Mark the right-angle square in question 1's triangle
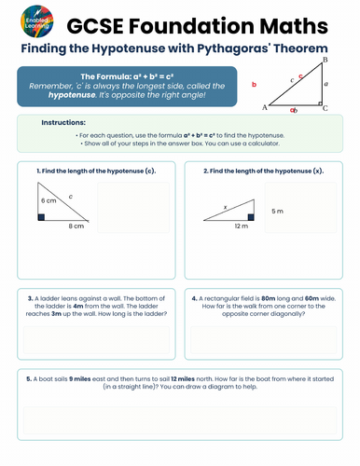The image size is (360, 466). pyautogui.click(x=42, y=217)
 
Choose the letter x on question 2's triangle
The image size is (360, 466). pyautogui.click(x=225, y=207)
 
